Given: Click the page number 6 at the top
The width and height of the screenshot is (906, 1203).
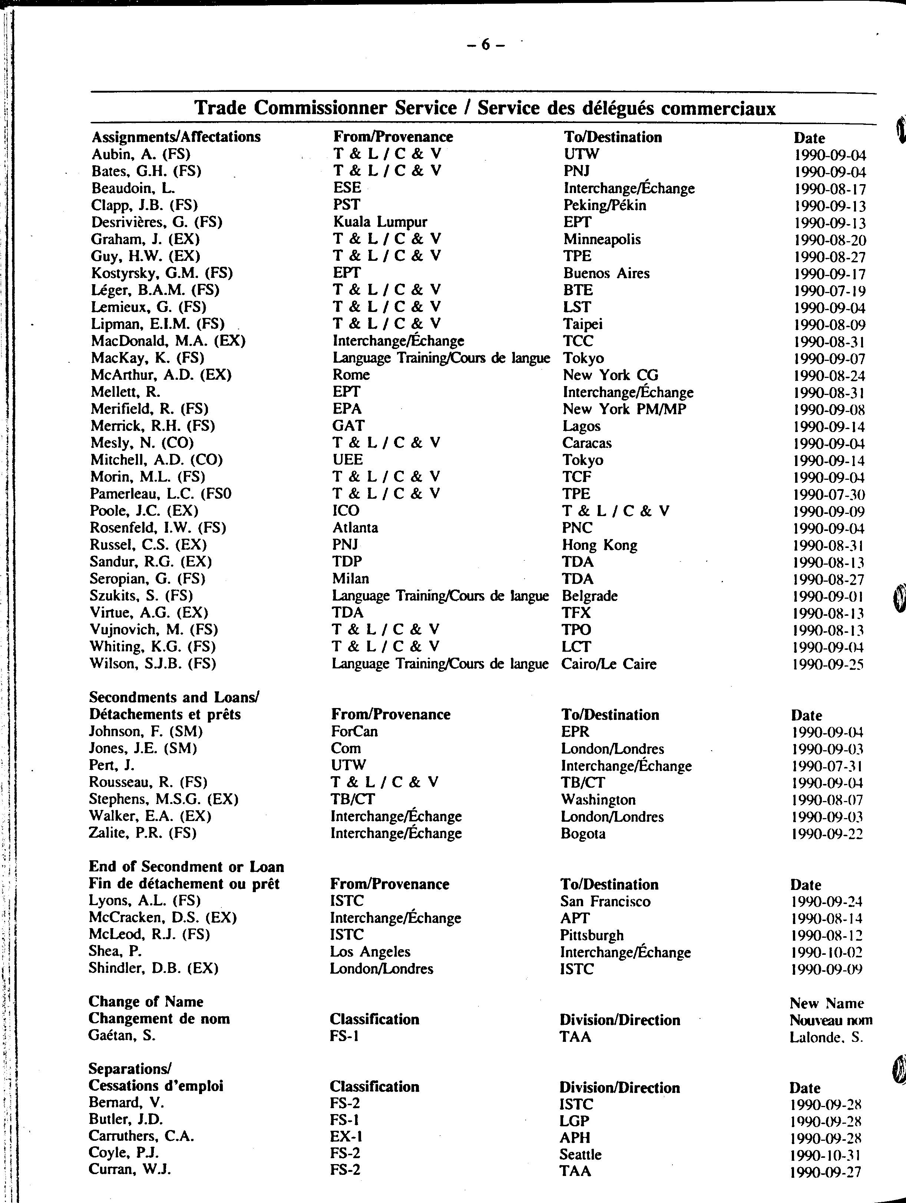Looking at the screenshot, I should pos(486,46).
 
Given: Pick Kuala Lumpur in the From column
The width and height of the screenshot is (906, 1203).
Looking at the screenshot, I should pos(380,222).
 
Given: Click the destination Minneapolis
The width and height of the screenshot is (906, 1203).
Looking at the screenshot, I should pos(602,239).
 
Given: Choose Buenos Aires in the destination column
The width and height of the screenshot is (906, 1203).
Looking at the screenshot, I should pos(606,273).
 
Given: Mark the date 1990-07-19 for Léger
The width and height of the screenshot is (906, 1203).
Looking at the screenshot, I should pos(829,292).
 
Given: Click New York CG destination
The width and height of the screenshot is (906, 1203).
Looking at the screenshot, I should pos(611,375).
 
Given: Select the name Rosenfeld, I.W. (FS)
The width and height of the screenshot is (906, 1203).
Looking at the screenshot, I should pos(158,528).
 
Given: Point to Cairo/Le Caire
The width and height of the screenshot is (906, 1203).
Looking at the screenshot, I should pos(609,664).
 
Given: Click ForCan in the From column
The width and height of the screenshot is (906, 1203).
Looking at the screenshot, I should pos(354,731).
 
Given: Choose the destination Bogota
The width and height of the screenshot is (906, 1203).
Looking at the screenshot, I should pos(583,833).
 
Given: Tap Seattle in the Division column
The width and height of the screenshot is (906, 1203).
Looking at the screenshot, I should pos(581,1154).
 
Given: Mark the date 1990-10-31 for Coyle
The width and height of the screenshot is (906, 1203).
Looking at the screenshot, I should pos(826,1156).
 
